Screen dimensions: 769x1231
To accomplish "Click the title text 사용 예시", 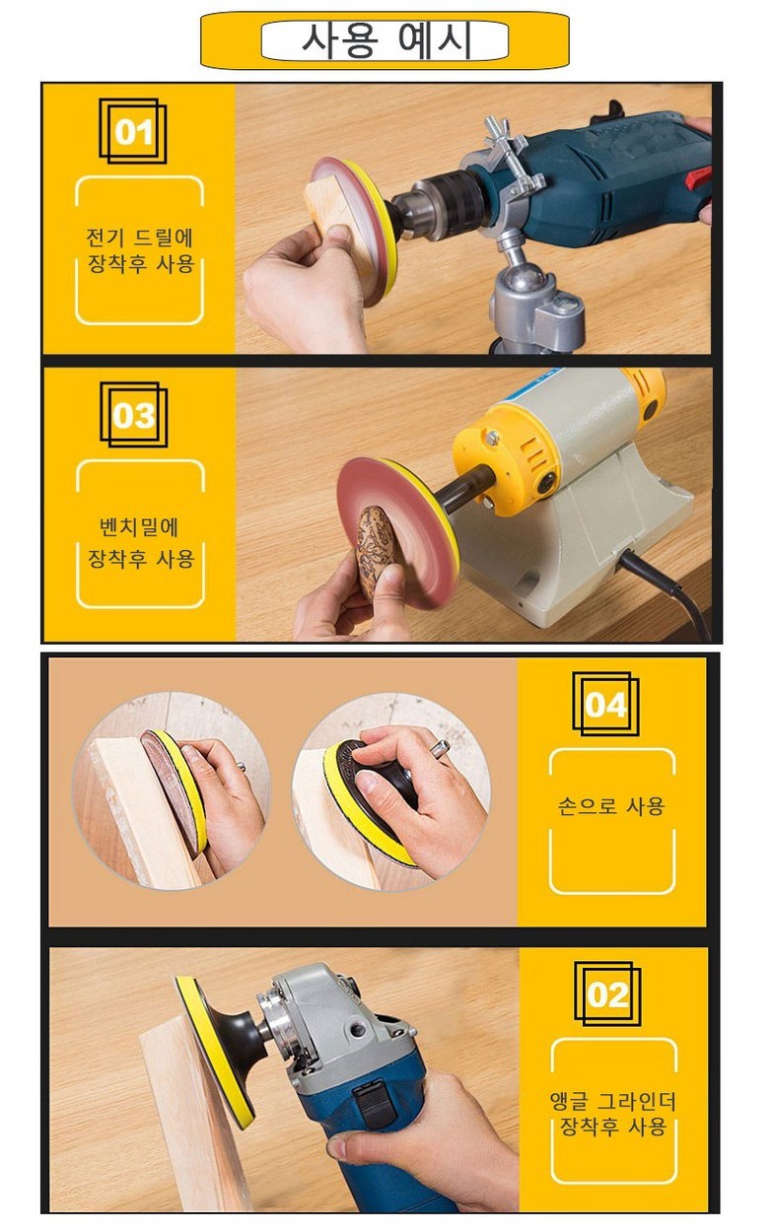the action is tap(385, 40).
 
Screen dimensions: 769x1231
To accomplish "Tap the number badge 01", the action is tap(132, 131).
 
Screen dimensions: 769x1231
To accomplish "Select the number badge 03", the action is tap(133, 415).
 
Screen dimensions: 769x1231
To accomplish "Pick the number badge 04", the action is tap(605, 704).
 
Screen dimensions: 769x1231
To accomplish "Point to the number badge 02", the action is tap(607, 994).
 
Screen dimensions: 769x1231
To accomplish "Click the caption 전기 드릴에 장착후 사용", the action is tap(141, 250).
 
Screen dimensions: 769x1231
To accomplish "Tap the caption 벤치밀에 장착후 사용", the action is tap(141, 542).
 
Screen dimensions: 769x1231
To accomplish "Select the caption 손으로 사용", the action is tap(612, 806).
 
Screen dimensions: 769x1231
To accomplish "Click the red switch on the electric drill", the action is tap(699, 178).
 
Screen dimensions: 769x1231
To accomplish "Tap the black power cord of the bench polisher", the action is tap(669, 593).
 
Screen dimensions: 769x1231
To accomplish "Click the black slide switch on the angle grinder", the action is tap(375, 1100).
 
